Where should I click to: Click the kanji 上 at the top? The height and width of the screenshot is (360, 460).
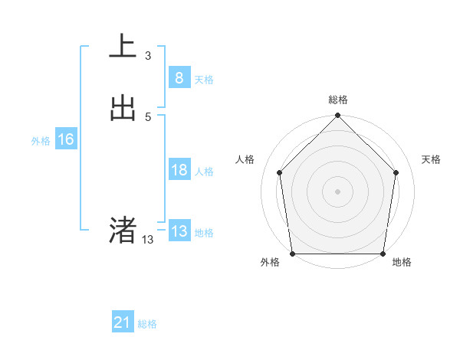[123, 47]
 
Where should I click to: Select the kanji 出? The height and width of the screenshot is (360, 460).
[123, 108]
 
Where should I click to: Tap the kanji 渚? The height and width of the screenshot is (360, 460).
[123, 230]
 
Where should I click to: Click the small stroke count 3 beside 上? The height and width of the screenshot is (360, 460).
[148, 55]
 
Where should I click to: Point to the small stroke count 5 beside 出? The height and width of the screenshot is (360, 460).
[148, 116]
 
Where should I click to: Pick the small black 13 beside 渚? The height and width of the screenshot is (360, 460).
[147, 240]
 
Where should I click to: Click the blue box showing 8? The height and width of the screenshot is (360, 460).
[179, 77]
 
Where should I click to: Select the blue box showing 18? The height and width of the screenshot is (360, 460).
[179, 170]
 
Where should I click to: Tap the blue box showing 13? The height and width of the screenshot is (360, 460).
[179, 232]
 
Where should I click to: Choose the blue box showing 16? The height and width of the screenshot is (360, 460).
[65, 139]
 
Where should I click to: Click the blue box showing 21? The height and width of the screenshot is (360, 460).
[122, 323]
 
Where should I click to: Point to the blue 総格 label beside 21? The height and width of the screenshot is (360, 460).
[147, 325]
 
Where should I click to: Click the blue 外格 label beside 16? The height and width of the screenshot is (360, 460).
[41, 141]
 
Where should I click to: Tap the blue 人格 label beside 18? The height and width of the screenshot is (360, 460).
[204, 172]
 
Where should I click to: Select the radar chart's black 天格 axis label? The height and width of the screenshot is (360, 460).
[432, 159]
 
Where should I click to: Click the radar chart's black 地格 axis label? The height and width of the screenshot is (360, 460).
[402, 263]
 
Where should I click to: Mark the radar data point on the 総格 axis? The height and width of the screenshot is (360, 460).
[337, 116]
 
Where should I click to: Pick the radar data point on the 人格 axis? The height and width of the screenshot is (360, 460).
[279, 172]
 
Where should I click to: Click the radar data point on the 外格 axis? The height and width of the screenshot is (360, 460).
[292, 254]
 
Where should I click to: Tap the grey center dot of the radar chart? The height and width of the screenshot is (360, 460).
[337, 191]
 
